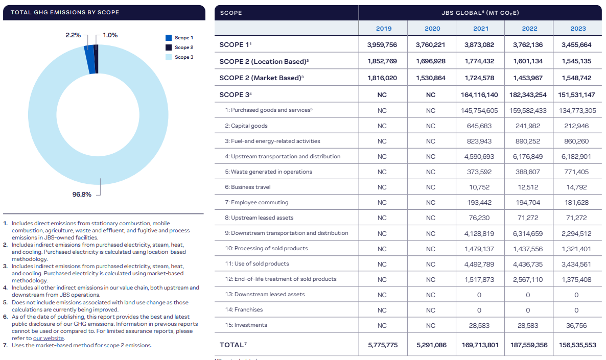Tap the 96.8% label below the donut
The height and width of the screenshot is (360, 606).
[x=82, y=194]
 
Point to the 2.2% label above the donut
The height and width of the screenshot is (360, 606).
[x=73, y=35]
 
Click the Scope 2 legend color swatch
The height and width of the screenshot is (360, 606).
[x=169, y=47]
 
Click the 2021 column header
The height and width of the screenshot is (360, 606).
[x=480, y=29]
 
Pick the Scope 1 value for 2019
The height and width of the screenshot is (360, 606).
[x=382, y=45]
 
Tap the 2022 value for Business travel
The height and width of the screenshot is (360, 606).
[x=528, y=187]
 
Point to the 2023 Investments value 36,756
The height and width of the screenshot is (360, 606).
[x=576, y=325]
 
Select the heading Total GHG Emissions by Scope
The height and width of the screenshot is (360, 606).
[x=65, y=12]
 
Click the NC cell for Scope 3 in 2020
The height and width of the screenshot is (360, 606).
[x=430, y=95]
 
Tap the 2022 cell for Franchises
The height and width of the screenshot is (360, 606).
[x=528, y=310]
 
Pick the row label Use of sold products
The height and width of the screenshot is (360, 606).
[x=257, y=264]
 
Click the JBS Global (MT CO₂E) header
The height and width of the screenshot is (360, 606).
[x=480, y=12]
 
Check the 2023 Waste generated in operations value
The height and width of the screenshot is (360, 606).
[x=576, y=172]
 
